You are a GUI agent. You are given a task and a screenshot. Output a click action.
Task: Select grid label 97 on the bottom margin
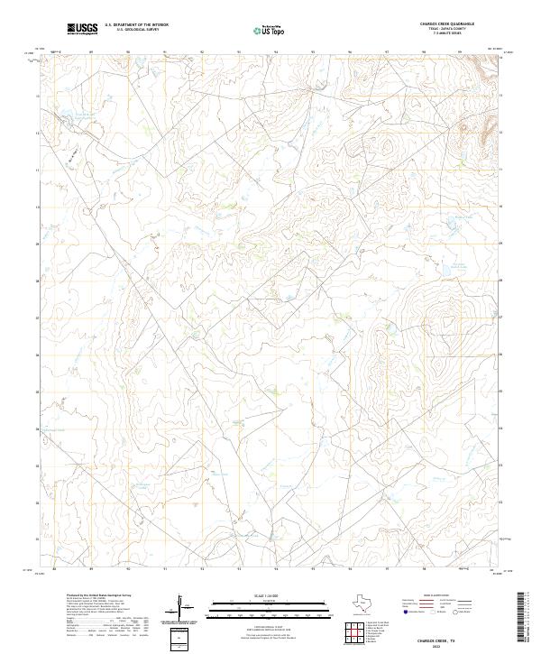[386, 569]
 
